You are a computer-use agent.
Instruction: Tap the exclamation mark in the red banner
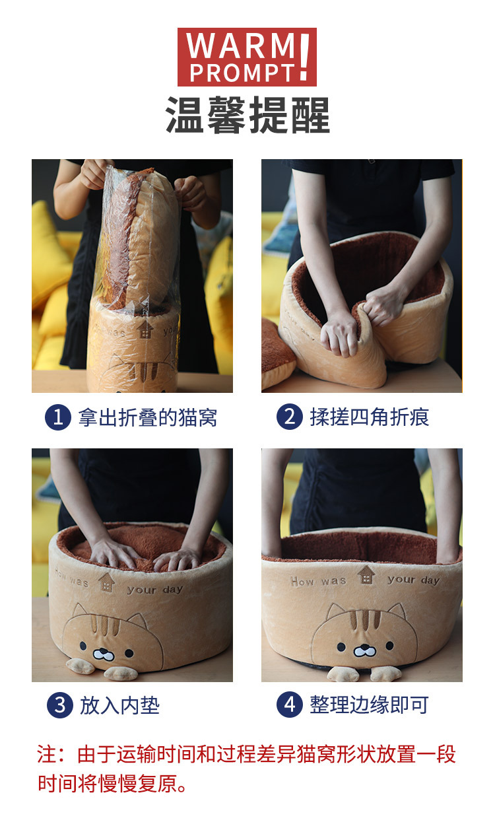pos(304,58)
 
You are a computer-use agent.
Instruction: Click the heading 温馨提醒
pos(247,116)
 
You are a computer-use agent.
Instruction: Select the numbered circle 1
pos(58,417)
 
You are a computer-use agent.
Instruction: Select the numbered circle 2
pos(289,417)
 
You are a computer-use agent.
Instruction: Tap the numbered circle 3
pos(59,705)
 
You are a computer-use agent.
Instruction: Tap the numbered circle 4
pos(289,705)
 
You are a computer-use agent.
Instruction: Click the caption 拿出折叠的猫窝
pos(147,417)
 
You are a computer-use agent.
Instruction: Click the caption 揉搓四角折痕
pos(370,417)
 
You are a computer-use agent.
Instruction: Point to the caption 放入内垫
pos(119,705)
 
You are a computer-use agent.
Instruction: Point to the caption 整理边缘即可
pos(370,705)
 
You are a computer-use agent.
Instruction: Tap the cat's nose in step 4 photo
pos(363,651)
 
